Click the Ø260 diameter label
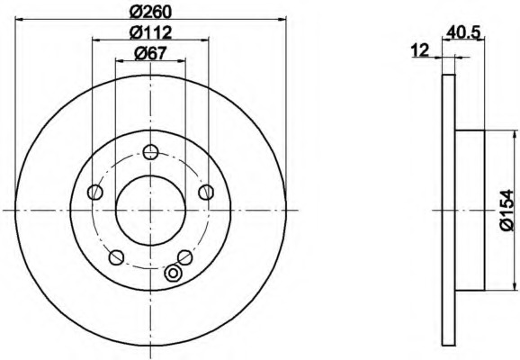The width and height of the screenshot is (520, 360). tap(150, 13)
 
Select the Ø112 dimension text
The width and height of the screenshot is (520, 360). tap(150, 32)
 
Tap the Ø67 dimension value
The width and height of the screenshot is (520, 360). tap(150, 53)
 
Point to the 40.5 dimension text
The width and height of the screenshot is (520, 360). tap(463, 32)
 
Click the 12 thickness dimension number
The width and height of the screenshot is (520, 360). tap(420, 50)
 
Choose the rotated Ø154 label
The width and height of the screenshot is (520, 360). tap(507, 210)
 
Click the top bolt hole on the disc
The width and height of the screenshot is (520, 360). tap(150, 152)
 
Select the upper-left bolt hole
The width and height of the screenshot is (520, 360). tap(95, 192)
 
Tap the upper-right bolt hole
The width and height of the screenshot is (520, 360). tap(206, 192)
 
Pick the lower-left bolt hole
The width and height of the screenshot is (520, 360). tap(116, 257)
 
